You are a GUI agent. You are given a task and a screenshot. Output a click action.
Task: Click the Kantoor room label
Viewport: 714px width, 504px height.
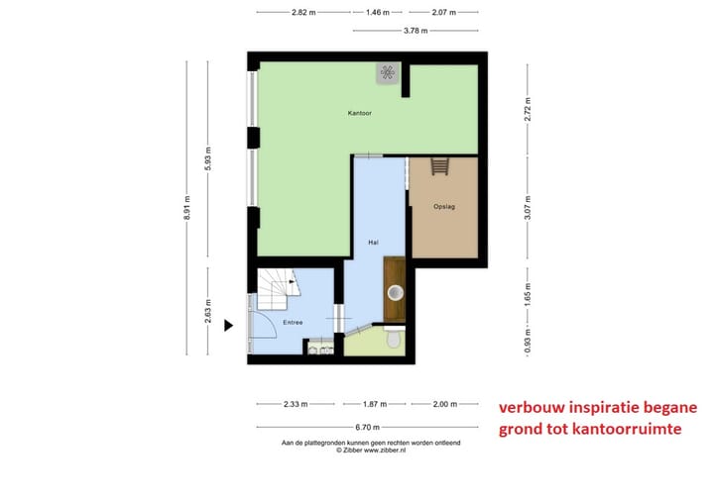point(359,113)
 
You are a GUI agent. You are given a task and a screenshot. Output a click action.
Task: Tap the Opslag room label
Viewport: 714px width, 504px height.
point(444,207)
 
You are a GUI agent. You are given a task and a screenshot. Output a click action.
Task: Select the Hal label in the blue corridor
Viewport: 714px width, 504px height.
point(373,243)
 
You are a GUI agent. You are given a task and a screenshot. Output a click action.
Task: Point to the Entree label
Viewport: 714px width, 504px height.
point(293,322)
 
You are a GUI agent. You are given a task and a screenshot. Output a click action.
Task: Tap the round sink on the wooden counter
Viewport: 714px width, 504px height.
point(396,292)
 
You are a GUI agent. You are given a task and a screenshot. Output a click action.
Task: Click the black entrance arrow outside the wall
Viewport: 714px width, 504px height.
point(229,325)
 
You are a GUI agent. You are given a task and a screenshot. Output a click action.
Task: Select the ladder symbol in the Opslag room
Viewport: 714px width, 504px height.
point(440,166)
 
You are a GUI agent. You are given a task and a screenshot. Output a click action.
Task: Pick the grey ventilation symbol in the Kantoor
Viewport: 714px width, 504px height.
point(388,73)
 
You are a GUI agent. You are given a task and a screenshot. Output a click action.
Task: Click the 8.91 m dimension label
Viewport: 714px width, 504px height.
point(186,208)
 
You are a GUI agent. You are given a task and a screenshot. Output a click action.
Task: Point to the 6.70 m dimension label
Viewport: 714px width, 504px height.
point(368,427)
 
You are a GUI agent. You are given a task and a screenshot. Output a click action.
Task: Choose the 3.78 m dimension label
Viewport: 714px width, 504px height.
point(416,31)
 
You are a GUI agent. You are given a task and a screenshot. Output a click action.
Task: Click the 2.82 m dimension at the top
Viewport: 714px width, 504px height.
point(303,12)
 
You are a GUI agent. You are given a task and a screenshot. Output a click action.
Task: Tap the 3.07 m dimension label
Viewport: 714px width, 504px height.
point(528,207)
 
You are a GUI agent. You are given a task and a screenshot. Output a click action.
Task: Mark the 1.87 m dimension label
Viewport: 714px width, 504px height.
point(375,404)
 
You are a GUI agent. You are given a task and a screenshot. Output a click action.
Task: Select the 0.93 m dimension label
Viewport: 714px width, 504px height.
point(528,342)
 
